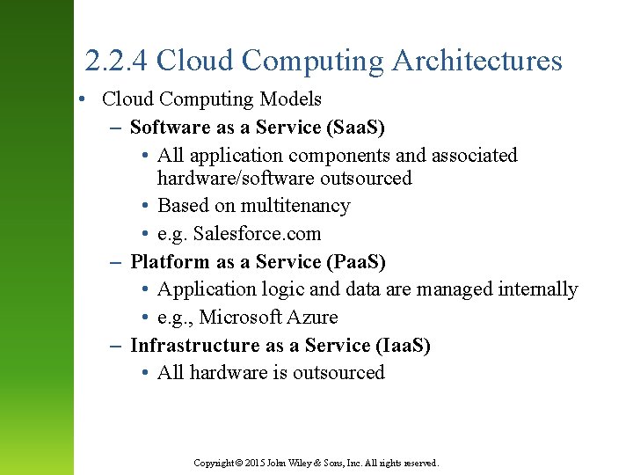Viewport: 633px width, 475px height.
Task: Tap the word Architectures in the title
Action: point(477,61)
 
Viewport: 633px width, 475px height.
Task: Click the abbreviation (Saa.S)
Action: point(355,128)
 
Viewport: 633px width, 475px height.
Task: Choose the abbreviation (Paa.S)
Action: point(356,262)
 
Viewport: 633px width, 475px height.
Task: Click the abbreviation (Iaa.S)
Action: point(402,346)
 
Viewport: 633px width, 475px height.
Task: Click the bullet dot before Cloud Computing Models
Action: point(80,99)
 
